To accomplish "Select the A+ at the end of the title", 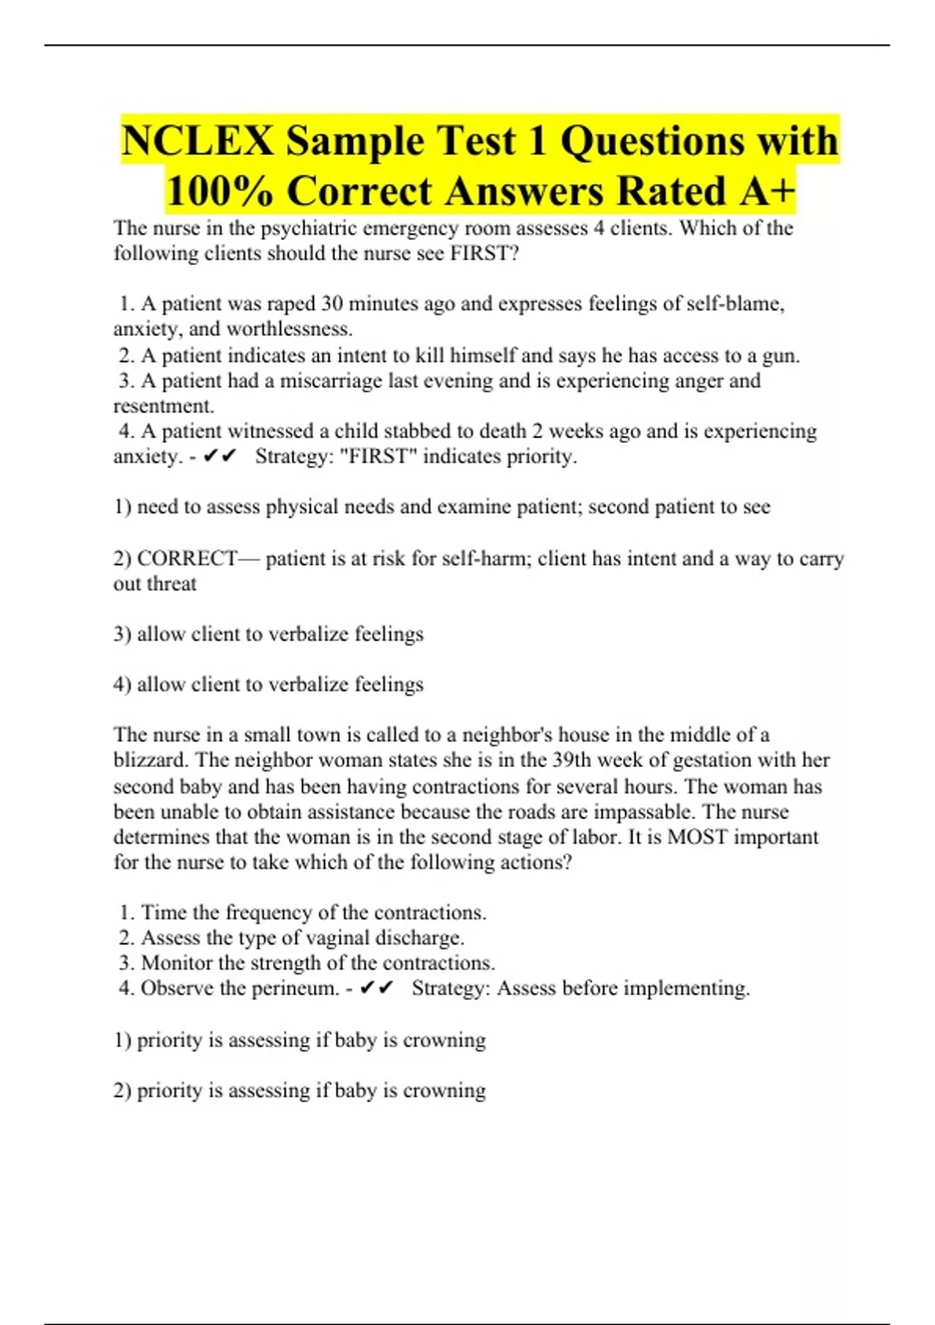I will pos(767,192).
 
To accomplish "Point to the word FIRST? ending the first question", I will pos(485,253).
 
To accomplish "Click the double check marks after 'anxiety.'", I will pos(219,457).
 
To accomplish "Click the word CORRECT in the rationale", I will pos(187,559).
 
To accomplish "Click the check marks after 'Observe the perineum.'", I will pos(376,988).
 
